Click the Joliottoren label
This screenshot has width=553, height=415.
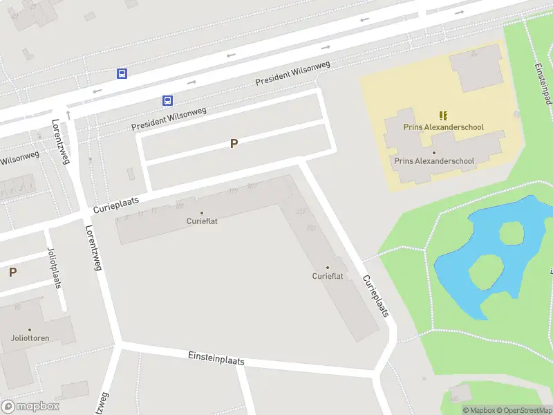coord(30,338)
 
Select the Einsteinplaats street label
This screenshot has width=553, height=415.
coord(216,358)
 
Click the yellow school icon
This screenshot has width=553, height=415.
coord(443,116)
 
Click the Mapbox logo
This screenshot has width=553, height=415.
coord(30,407)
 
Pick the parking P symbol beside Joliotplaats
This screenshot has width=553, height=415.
coord(12,273)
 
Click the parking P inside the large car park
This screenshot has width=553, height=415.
coord(234,144)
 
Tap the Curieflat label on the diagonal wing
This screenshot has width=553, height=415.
coord(328,276)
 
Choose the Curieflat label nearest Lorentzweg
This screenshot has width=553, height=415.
coord(202,221)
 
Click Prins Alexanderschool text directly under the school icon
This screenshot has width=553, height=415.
coord(443,127)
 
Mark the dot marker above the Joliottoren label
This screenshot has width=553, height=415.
coord(30,330)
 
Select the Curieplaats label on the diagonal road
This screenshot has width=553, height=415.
coord(375,295)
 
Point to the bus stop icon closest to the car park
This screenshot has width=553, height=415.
coord(167,100)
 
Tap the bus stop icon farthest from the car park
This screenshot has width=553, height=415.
coord(122,73)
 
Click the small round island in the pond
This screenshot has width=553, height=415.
coord(511,233)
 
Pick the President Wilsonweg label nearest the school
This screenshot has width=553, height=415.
coord(292,73)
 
